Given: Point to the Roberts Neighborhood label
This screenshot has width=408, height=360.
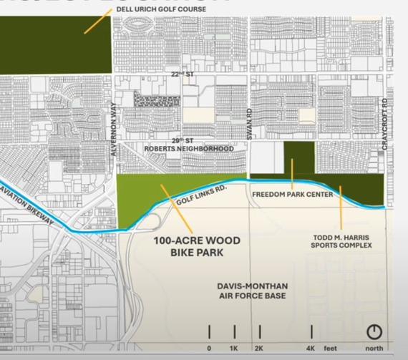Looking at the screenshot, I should pyautogui.click(x=189, y=149).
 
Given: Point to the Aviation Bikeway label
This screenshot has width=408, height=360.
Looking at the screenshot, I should pyautogui.click(x=29, y=202).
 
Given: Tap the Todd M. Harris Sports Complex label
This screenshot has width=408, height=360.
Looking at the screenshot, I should pyautogui.click(x=341, y=240).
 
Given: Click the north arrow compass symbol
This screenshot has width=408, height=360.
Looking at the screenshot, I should pyautogui.click(x=374, y=331).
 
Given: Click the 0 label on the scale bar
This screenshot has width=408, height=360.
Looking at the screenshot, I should pyautogui.click(x=209, y=348).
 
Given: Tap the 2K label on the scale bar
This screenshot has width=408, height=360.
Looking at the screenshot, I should pyautogui.click(x=259, y=348).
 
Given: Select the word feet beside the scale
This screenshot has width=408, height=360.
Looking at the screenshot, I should pyautogui.click(x=330, y=348).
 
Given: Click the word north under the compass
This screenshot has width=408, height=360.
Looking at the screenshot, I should pyautogui.click(x=374, y=348).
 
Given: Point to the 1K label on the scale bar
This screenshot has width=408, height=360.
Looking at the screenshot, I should pyautogui.click(x=234, y=348).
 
